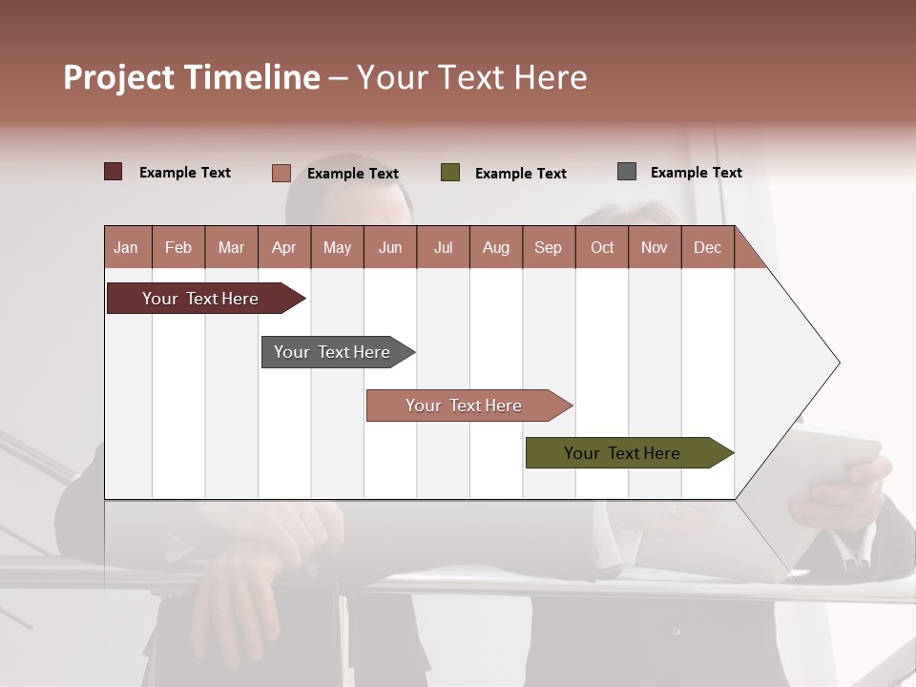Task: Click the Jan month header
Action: click(126, 247)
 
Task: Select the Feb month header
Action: click(178, 247)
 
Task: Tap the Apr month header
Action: click(283, 247)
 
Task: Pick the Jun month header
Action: click(390, 247)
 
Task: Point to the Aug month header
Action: click(495, 247)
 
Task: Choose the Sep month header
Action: click(548, 247)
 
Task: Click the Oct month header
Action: click(602, 247)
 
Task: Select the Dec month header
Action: click(707, 247)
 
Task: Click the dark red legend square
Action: click(114, 172)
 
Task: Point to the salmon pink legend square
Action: click(281, 173)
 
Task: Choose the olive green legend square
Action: click(450, 173)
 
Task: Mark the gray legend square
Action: click(627, 172)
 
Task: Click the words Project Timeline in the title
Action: click(192, 77)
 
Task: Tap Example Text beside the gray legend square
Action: click(696, 173)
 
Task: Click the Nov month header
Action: click(655, 247)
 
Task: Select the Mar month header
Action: click(231, 247)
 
